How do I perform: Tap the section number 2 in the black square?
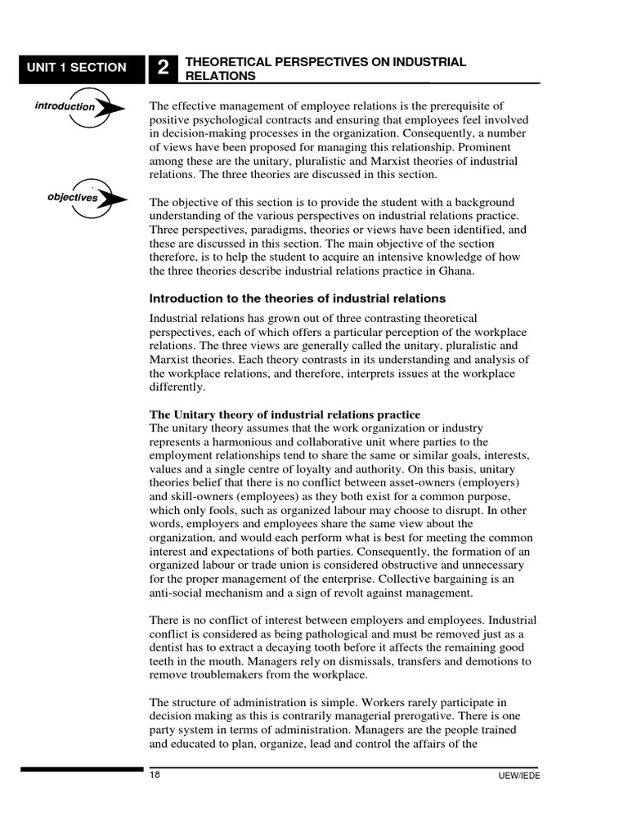(x=164, y=69)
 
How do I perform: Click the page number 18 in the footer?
(x=155, y=775)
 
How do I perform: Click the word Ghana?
(x=452, y=271)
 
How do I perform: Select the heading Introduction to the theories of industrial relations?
(x=298, y=298)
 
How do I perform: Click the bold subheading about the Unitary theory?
(x=285, y=415)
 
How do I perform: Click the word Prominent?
(x=494, y=147)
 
